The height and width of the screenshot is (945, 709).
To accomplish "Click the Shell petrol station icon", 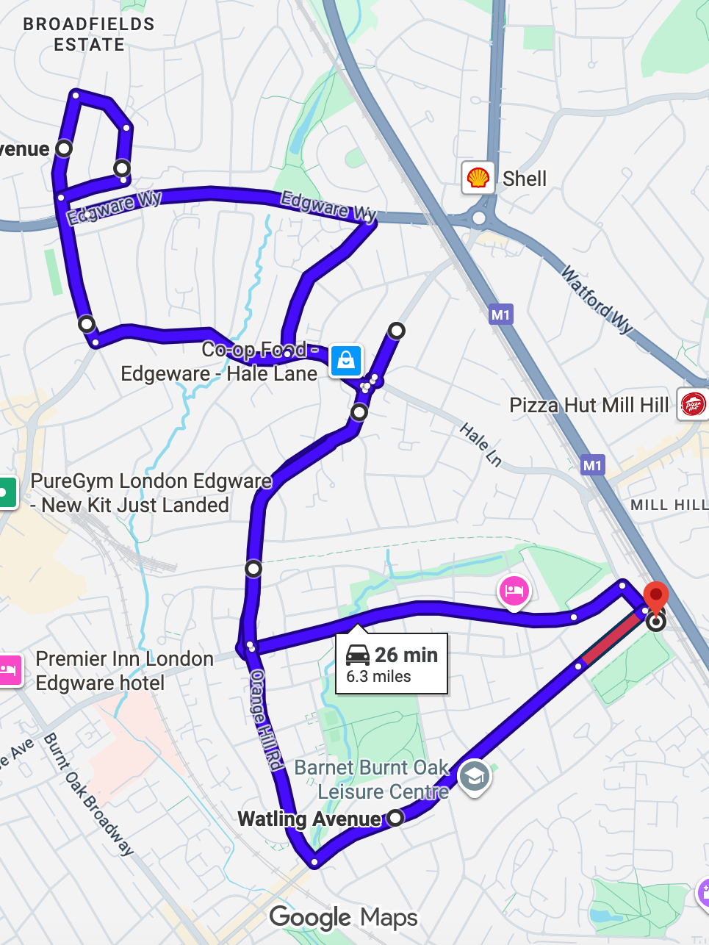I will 478,178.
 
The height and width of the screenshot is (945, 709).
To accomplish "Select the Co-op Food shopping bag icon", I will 346,361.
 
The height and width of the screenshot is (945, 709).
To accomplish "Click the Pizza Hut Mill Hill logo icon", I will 693,404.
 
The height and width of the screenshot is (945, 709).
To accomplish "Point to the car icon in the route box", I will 358,654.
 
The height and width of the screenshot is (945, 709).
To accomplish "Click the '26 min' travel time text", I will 406,655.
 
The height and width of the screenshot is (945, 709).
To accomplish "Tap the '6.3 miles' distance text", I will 378,677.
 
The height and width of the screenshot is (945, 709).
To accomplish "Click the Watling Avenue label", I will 309,819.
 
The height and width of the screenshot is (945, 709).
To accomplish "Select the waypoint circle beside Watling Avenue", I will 395,817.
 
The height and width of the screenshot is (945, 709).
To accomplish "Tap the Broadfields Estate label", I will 89,35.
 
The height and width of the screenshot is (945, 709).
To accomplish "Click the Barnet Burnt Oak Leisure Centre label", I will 373,780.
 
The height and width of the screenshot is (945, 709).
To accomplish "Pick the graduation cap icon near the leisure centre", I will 474,775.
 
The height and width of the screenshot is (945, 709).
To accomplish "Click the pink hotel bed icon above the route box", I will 514,591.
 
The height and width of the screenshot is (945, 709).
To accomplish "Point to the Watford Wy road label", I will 597,300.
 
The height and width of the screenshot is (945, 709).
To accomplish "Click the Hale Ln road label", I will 481,445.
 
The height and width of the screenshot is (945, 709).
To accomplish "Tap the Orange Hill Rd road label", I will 267,720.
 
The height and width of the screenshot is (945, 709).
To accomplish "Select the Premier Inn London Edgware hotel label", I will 124,671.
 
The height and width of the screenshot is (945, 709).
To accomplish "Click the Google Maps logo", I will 343,917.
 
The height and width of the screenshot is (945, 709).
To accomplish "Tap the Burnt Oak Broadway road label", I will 88,794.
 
